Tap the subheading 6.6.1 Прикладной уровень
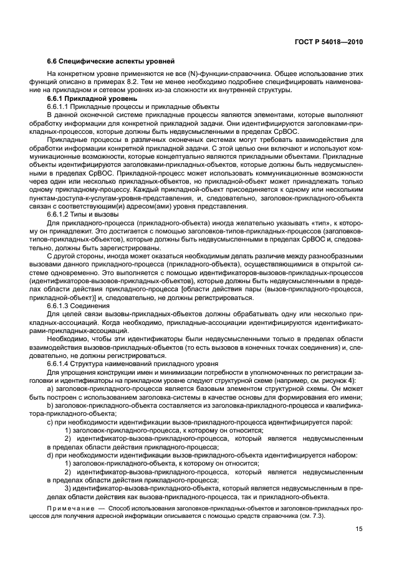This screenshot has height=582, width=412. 88,99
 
